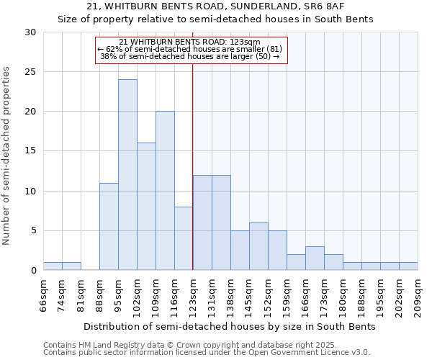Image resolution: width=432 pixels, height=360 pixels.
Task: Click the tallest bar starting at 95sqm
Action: click(127, 175)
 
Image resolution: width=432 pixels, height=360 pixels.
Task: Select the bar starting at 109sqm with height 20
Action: click(165, 191)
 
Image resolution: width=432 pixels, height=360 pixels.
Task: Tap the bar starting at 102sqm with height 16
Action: click(146, 207)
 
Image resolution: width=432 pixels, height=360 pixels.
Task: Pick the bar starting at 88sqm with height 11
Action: click(109, 227)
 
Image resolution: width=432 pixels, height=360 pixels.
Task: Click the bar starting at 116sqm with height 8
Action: click(184, 238)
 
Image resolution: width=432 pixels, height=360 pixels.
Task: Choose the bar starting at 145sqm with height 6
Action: click(258, 246)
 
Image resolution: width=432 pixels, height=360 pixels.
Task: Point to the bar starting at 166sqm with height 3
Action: click(315, 258)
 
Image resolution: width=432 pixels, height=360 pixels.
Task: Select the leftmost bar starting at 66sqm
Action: click(53, 266)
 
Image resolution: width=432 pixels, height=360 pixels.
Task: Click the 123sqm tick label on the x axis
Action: click(193, 296)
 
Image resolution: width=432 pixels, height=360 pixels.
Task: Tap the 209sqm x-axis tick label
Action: click(418, 296)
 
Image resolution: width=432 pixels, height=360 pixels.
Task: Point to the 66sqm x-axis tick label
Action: click(43, 296)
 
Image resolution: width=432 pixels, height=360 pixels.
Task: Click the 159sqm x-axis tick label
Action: click(287, 296)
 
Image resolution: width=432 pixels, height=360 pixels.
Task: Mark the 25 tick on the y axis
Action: click(30, 72)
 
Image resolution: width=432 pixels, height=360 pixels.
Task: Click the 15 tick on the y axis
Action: click(30, 151)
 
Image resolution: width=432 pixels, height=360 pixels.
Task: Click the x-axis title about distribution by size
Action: click(230, 326)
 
